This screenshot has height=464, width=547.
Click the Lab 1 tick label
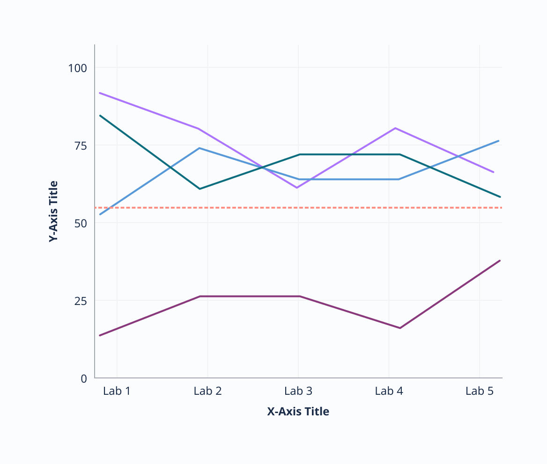pyautogui.click(x=117, y=391)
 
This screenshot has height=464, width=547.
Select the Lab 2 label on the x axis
pyautogui.click(x=207, y=391)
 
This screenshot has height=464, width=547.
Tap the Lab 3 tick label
pyautogui.click(x=298, y=391)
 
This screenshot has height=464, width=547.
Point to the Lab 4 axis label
pyautogui.click(x=389, y=391)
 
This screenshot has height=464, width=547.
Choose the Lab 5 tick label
pyautogui.click(x=480, y=391)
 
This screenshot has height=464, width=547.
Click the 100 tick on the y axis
pyautogui.click(x=78, y=68)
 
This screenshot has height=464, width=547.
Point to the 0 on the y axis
pyautogui.click(x=84, y=378)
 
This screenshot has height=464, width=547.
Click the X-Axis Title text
pyautogui.click(x=298, y=412)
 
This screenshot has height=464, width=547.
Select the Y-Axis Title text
pyautogui.click(x=54, y=211)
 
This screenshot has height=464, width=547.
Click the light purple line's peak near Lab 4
pyautogui.click(x=396, y=128)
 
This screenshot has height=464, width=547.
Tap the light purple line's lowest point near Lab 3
pyautogui.click(x=297, y=188)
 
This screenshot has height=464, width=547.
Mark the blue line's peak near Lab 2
pyautogui.click(x=200, y=148)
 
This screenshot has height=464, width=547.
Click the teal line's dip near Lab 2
pyautogui.click(x=200, y=189)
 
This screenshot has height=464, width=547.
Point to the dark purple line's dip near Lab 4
pyautogui.click(x=400, y=328)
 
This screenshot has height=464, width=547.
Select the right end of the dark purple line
pyautogui.click(x=500, y=261)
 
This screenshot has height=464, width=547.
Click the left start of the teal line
pyautogui.click(x=100, y=116)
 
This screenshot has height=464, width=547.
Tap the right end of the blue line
pyautogui.click(x=498, y=141)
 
